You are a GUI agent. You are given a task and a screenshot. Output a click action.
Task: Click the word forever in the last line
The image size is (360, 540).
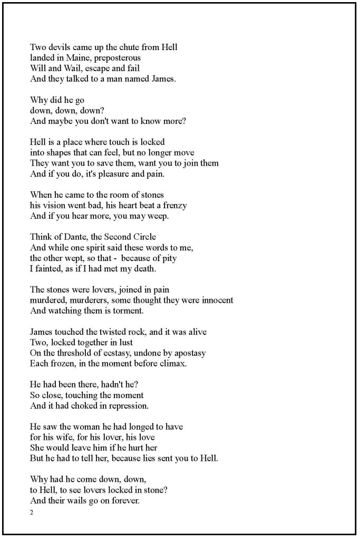124,500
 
